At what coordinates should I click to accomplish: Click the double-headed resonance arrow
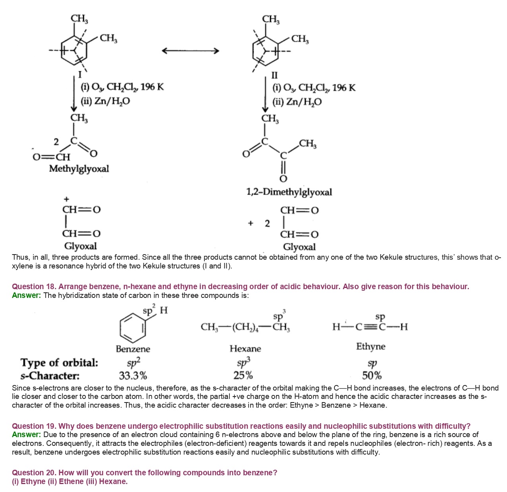(x=190, y=51)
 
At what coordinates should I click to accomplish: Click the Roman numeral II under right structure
(x=274, y=75)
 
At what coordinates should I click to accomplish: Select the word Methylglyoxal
(x=79, y=169)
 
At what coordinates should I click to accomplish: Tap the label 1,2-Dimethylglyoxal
(x=289, y=192)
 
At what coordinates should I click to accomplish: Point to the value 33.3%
(x=133, y=375)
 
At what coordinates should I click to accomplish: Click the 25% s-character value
(x=243, y=375)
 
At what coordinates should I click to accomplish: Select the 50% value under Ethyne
(x=372, y=375)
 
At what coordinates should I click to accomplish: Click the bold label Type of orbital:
(x=59, y=363)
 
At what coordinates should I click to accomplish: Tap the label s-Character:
(x=50, y=375)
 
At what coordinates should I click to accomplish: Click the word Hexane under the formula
(x=245, y=349)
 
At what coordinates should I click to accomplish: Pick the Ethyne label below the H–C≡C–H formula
(x=371, y=346)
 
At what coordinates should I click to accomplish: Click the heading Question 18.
(x=34, y=286)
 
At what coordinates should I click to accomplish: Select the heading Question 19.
(x=34, y=426)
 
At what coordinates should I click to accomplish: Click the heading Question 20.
(x=34, y=473)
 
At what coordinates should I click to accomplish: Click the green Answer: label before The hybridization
(x=26, y=295)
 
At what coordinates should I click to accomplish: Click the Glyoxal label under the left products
(x=80, y=246)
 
